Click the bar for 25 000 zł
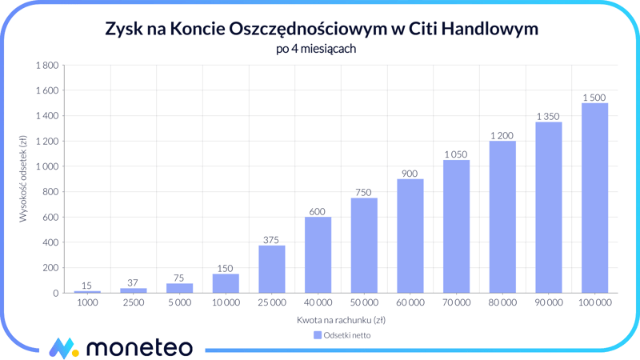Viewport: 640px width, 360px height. (272, 269)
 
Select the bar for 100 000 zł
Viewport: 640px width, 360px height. (594, 198)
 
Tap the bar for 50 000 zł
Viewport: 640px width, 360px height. (364, 245)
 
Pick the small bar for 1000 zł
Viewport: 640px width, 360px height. (87, 291)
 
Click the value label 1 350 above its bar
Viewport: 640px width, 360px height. (548, 117)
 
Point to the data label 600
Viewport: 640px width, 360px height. (318, 212)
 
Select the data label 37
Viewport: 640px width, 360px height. (133, 283)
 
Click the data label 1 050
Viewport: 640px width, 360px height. (456, 154)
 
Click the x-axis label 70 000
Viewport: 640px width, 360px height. (456, 303)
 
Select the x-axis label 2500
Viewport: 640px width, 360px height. (133, 303)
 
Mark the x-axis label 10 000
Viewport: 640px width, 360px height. (226, 303)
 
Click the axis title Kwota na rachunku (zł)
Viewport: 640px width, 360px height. (342, 320)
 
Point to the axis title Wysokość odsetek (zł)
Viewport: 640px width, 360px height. (24, 178)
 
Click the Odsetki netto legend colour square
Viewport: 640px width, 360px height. (318, 335)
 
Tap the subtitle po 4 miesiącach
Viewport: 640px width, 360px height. (320, 49)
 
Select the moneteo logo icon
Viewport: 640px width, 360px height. (64, 348)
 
